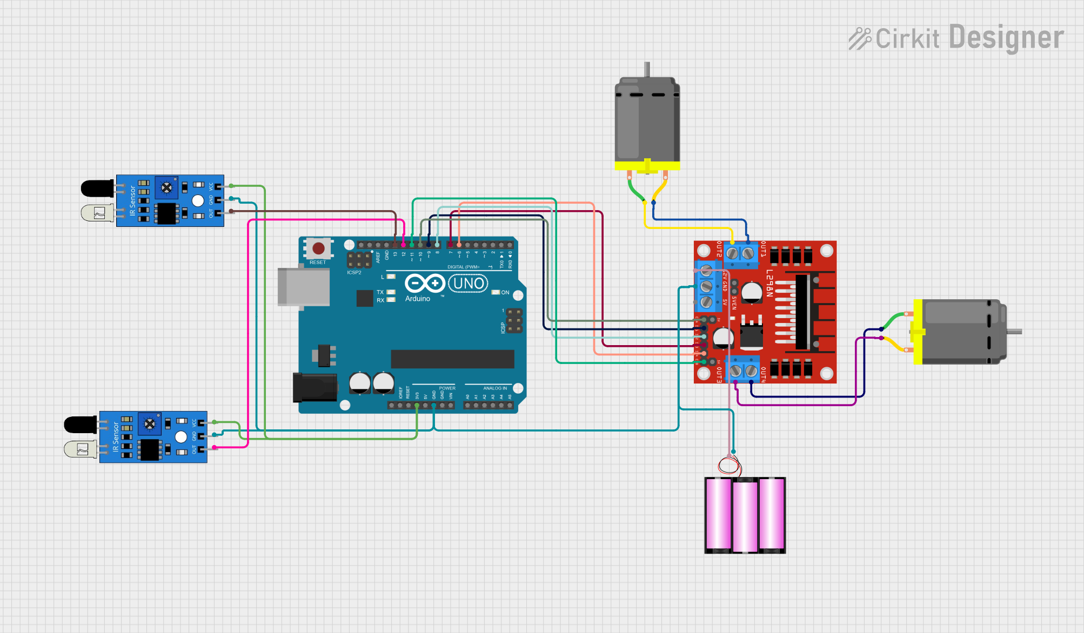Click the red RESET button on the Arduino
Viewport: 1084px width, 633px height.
pos(318,248)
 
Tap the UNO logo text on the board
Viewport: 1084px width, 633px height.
pos(469,284)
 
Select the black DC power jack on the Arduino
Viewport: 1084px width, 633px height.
pos(315,387)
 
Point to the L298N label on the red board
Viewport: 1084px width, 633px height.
pos(769,283)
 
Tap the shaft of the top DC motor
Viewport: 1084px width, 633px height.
pos(647,69)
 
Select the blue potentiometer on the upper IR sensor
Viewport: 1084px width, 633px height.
pos(166,187)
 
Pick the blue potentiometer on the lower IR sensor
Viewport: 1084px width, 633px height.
pos(150,424)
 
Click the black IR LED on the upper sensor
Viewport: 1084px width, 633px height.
pos(97,188)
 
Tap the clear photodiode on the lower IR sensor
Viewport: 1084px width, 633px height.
pos(81,449)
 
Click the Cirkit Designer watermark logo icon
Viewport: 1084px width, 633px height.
pos(859,38)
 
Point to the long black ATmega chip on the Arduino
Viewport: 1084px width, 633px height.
pos(452,359)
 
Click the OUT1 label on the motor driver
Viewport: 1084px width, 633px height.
pos(763,249)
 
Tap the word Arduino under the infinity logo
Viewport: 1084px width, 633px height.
pos(418,299)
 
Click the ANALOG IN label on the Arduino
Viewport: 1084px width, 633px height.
pos(495,388)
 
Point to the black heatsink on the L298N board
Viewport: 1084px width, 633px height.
pos(802,312)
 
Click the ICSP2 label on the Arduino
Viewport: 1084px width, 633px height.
pos(354,273)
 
